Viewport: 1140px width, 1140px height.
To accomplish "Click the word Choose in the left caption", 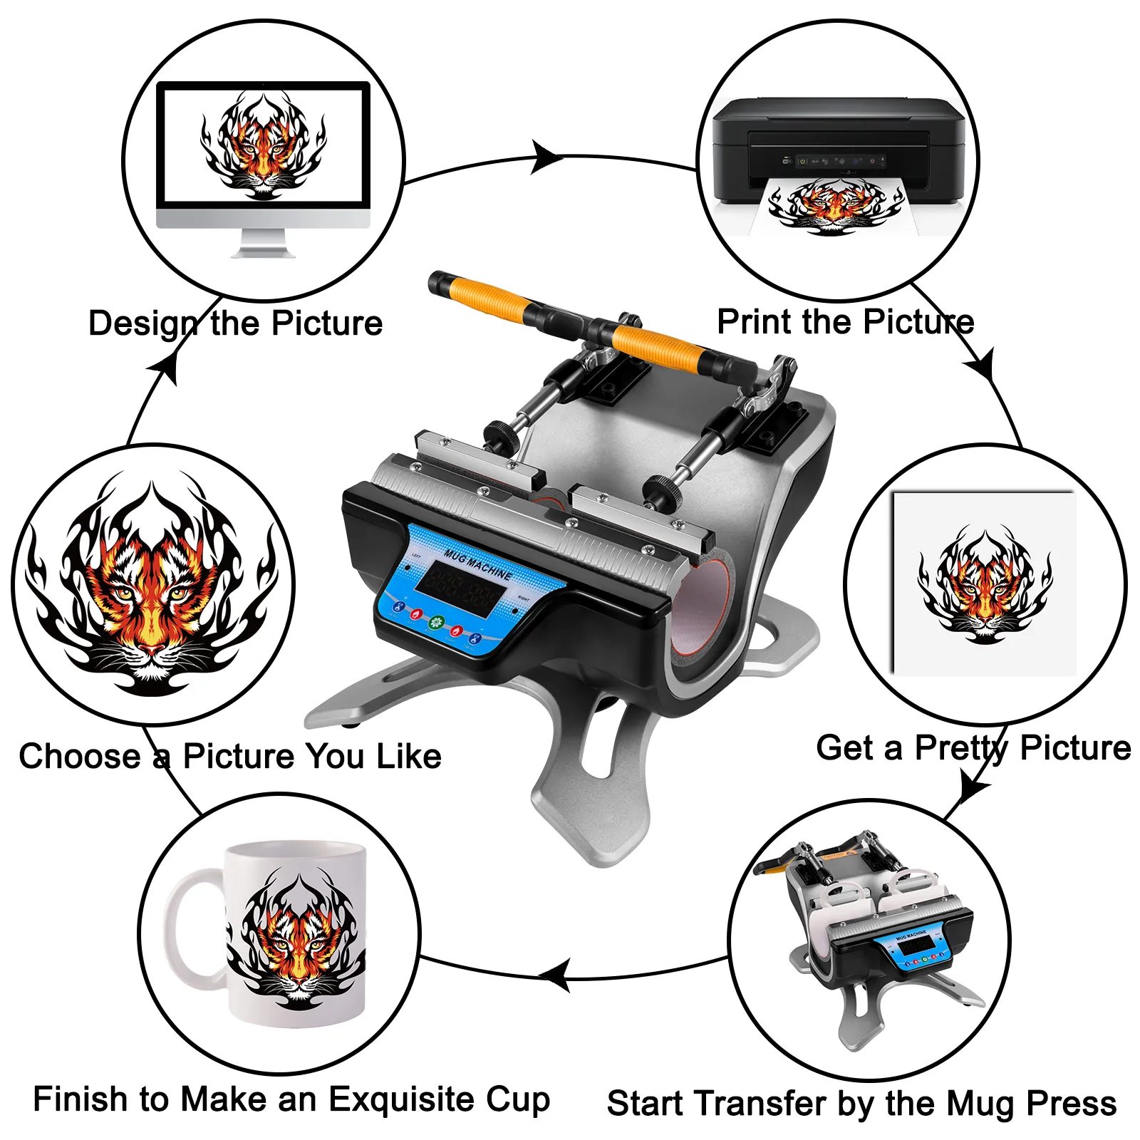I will tap(80, 756).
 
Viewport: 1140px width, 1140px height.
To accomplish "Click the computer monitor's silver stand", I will tap(263, 242).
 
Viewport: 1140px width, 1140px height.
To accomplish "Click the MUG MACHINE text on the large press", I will tap(477, 563).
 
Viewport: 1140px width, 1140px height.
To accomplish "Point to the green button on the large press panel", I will tap(437, 621).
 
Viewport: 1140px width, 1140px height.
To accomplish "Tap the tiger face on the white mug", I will tap(296, 940).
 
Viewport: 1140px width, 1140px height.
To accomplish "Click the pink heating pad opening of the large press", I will tap(702, 606).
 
